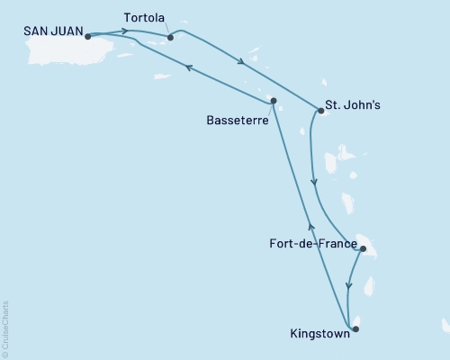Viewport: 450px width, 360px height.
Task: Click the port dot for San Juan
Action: coord(88,37)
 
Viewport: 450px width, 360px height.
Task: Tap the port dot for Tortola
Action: coord(170,38)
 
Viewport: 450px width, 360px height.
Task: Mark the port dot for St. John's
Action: coord(321,111)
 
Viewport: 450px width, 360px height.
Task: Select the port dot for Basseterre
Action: coord(273,100)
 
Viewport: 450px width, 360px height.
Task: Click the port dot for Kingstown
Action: coord(355,328)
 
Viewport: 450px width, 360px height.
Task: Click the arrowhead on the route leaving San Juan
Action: coord(123,31)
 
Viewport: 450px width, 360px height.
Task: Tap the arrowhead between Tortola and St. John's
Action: coord(240,62)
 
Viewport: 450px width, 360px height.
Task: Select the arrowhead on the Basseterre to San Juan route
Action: coord(188,67)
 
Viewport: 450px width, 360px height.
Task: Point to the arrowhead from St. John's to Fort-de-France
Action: coord(313,184)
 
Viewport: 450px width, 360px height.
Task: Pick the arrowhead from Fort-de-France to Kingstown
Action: coord(347,286)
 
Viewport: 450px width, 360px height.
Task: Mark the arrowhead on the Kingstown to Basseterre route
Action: coord(310,228)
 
